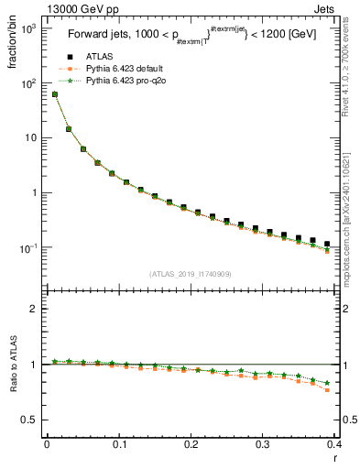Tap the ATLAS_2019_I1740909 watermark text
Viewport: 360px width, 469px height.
point(191,274)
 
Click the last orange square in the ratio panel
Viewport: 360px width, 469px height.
point(327,390)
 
